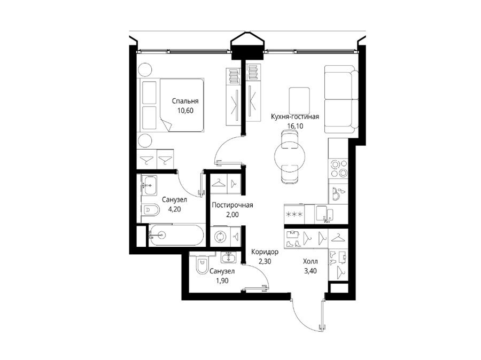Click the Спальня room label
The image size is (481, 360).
coord(185,101)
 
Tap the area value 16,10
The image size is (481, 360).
coord(295,126)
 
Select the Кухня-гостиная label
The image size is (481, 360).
coord(295,116)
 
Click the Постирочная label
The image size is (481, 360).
coord(232,205)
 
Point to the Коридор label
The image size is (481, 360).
coord(265,252)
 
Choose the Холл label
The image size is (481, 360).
coord(310,262)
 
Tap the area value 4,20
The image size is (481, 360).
coord(174,209)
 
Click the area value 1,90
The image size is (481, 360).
coord(222,280)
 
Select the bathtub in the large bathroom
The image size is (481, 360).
coord(176,235)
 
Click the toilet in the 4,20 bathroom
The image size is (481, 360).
coord(151,210)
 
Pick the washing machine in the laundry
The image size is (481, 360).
coord(220,237)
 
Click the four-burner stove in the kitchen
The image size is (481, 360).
coord(338,168)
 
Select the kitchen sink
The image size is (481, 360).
coord(324,214)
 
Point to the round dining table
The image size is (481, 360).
coord(290,156)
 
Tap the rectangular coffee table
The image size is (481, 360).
coord(299,100)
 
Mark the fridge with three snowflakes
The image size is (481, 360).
coord(294,214)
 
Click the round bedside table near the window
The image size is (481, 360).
coord(145,70)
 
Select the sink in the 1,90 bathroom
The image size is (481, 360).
coord(228,257)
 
